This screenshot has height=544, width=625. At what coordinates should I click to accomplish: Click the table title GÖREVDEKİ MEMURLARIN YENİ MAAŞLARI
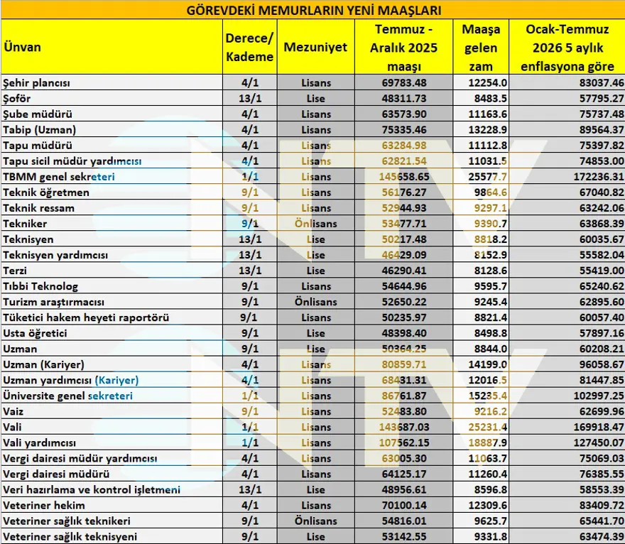click(312, 10)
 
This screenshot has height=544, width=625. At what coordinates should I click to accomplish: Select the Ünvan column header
click(22, 47)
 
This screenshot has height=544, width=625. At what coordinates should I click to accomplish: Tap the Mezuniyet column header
click(315, 47)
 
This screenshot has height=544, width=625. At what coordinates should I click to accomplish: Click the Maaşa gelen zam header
click(481, 48)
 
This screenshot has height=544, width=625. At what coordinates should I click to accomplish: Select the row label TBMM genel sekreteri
click(58, 177)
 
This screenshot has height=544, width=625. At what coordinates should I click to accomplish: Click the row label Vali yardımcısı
click(40, 442)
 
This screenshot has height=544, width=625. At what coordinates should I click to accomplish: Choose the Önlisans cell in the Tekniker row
click(315, 224)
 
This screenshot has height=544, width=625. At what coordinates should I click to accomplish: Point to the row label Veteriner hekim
click(44, 505)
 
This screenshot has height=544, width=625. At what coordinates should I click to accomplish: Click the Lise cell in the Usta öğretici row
click(315, 333)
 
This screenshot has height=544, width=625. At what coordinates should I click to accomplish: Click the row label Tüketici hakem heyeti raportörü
click(85, 317)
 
